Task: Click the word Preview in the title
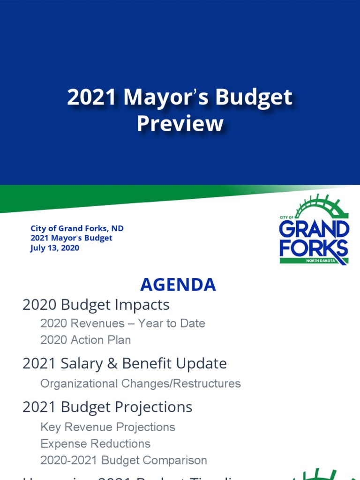point(180,124)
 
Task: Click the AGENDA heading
point(178,285)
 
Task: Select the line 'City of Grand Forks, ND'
point(77,229)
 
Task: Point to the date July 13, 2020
point(55,248)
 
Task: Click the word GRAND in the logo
point(314,230)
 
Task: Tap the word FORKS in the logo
point(314,248)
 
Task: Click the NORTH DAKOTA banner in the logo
point(320,261)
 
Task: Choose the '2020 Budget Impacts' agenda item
point(96,305)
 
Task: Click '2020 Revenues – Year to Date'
point(123,323)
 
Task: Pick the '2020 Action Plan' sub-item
point(86,340)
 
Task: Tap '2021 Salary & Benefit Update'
point(125,364)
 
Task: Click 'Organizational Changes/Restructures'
point(141,383)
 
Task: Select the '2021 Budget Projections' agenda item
point(107,407)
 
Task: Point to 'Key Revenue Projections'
point(108,427)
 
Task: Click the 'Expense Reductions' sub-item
point(96,443)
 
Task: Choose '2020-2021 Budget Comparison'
point(124,460)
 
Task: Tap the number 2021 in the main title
point(92,97)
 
